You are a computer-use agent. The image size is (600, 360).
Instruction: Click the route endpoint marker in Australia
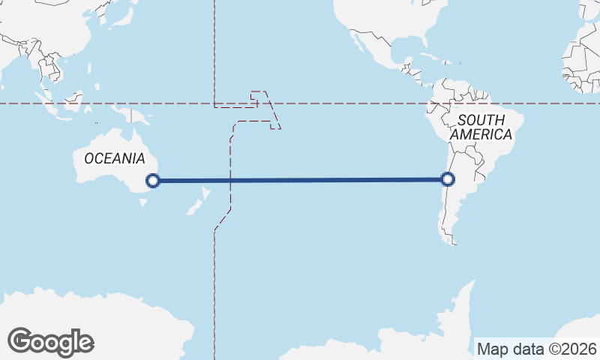(x=153, y=180)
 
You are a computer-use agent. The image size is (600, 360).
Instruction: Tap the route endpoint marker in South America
(x=448, y=179)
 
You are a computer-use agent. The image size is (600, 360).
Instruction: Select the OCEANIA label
(x=114, y=158)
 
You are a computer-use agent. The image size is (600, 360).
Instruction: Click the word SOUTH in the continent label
(x=481, y=120)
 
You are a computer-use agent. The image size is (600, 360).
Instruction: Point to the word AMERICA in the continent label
(x=481, y=135)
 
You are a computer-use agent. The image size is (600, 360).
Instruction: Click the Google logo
(x=50, y=341)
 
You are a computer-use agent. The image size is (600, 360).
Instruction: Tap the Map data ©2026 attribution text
(x=536, y=349)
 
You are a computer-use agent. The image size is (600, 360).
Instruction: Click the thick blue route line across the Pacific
(x=300, y=180)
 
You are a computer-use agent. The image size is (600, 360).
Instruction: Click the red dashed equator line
(x=337, y=103)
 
